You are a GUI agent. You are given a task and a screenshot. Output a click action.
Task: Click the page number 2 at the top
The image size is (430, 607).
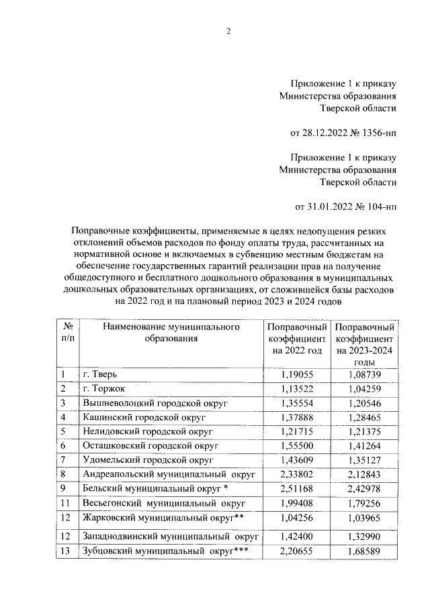[x=228, y=32]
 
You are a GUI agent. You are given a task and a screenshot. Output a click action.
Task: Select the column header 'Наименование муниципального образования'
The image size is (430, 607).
[x=171, y=333]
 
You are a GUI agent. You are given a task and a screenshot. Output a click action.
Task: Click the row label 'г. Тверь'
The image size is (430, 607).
[x=100, y=374]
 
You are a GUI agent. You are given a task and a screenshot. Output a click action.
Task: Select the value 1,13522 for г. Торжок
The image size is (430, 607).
[x=298, y=389]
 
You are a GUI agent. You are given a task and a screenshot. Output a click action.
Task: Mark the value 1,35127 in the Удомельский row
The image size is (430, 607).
[x=365, y=460]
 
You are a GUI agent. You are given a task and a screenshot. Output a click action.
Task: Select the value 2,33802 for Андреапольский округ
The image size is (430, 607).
[x=298, y=475]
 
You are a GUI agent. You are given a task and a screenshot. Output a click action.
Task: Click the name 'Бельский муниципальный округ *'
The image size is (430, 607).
[x=156, y=489]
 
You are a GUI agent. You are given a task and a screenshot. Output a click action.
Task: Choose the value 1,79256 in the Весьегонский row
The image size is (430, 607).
[x=365, y=503]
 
